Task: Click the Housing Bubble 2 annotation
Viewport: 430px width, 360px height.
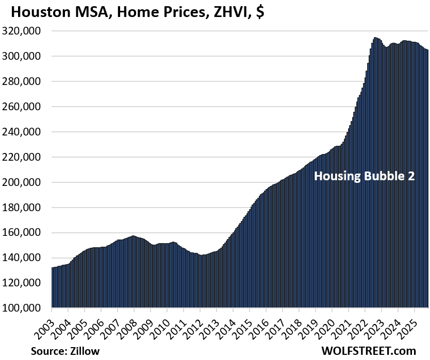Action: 365,177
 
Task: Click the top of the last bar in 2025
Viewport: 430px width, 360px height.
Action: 427,50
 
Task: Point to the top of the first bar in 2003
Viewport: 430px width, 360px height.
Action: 53,268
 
